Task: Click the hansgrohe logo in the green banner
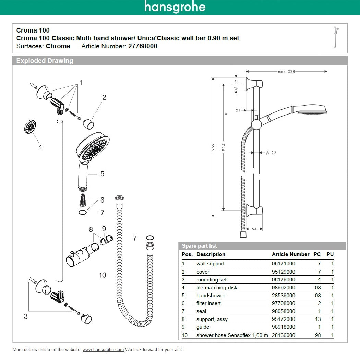pos(175,7)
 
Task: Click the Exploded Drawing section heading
pos(45,61)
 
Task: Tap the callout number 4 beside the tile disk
pos(40,147)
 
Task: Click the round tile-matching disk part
pos(31,127)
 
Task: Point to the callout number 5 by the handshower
pos(102,174)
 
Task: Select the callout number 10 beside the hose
pos(103,275)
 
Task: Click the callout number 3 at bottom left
pos(26,316)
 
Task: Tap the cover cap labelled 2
pos(89,122)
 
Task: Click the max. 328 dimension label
pos(286,72)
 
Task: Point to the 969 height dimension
pos(213,147)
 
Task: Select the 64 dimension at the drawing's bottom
pos(254,229)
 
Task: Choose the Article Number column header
pos(290,254)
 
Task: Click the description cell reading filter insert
pos(208,303)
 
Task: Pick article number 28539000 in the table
pos(283,296)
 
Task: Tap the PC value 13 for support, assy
pos(317,319)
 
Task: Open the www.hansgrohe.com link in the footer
pos(103,350)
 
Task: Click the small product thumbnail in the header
pos(337,38)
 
